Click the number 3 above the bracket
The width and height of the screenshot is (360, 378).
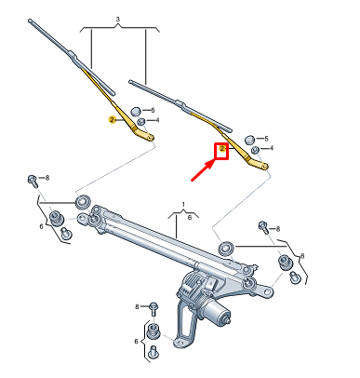[117, 19]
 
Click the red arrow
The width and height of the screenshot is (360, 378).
[204, 169]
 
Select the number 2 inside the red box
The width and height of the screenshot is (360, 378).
[223, 149]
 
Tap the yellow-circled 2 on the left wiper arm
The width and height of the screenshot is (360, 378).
[112, 120]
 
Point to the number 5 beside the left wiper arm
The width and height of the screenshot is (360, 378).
[154, 110]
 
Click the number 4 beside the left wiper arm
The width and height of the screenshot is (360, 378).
[157, 121]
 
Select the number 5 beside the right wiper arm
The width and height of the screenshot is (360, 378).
[265, 138]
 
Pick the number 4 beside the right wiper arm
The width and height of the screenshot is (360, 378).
[269, 149]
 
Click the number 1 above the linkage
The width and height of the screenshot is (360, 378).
[184, 204]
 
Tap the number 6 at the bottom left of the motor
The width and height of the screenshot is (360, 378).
[138, 342]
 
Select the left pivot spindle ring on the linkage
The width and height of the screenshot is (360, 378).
[81, 201]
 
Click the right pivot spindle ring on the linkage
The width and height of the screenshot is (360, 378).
[225, 248]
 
